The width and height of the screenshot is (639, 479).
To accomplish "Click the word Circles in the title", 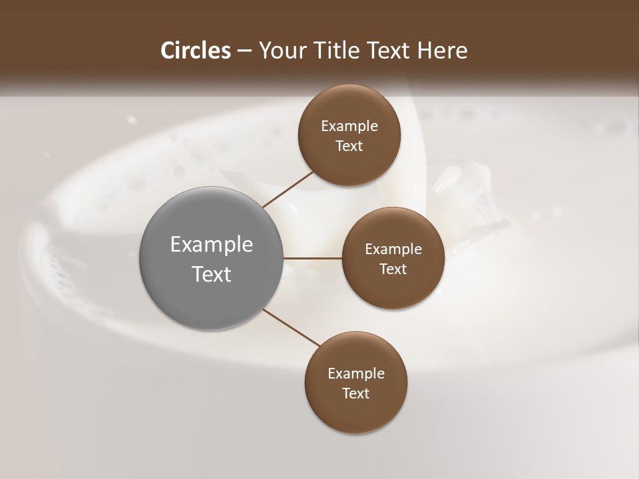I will (x=195, y=51).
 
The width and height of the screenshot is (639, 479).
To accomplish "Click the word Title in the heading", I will (x=337, y=51).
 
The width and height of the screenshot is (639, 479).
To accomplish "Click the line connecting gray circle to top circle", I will (x=288, y=189).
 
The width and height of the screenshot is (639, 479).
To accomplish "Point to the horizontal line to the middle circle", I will (x=313, y=258).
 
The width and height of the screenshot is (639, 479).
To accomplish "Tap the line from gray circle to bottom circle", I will (x=291, y=327).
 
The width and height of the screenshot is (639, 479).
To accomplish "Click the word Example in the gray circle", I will (x=212, y=245).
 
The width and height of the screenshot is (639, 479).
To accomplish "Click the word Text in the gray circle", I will (x=212, y=274).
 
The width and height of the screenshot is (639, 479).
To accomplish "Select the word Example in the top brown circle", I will (x=349, y=126).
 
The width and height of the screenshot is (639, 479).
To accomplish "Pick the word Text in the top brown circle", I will (x=349, y=146).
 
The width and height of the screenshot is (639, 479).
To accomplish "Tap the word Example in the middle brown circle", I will (x=393, y=249).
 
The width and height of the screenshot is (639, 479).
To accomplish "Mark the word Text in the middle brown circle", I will (x=393, y=269).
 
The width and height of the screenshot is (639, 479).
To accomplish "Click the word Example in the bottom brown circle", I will (x=356, y=374).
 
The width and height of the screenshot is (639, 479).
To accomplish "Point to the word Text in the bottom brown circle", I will (x=356, y=394).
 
